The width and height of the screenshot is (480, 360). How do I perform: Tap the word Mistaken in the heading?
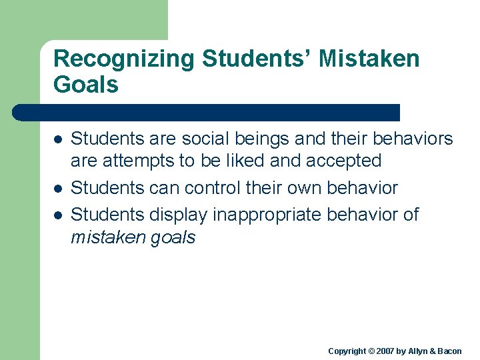click(369, 59)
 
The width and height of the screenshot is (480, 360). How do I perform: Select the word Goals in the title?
click(86, 85)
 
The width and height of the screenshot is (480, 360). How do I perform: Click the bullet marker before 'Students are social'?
click(58, 140)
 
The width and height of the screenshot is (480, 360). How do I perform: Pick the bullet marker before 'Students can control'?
click(58, 189)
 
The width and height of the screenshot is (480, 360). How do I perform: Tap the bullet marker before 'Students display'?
click(58, 215)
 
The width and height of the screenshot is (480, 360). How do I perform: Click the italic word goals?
click(173, 238)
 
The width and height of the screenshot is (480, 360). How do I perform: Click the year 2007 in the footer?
click(387, 351)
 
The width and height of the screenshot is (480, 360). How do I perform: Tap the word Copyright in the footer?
click(347, 351)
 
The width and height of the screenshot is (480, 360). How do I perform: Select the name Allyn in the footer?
click(419, 351)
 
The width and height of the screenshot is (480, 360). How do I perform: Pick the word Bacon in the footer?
click(451, 351)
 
